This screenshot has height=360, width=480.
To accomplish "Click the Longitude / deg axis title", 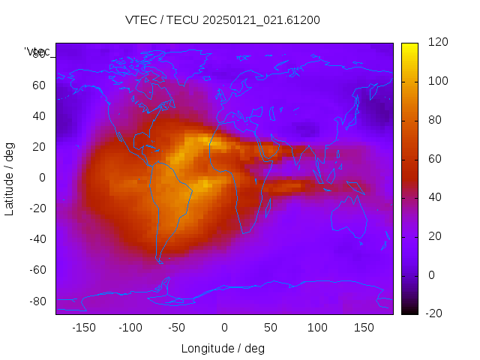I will (x=223, y=349).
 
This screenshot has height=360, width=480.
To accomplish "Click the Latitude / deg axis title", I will (x=10, y=178).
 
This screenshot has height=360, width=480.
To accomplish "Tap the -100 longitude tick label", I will (x=130, y=328).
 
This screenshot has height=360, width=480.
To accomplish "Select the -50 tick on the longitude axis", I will (x=177, y=328).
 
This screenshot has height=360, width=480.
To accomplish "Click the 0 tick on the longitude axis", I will (x=224, y=328).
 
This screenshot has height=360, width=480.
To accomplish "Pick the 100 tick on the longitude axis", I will (x=317, y=328).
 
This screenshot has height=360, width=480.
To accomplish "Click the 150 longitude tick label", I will (x=364, y=328).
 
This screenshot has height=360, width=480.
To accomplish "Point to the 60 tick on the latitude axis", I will (x=39, y=85).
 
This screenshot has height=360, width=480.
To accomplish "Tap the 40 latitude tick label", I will (x=39, y=116).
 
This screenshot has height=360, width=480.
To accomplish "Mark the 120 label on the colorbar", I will (x=438, y=43).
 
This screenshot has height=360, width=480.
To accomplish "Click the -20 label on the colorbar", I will (x=436, y=313).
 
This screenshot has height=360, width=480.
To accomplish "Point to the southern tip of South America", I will (x=160, y=261).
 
